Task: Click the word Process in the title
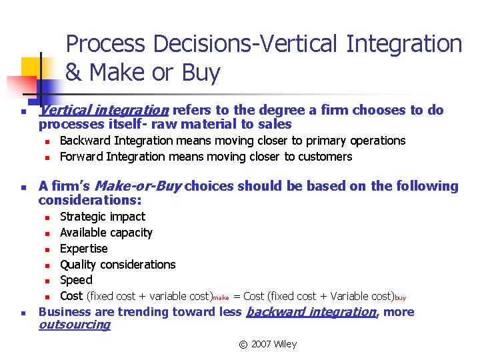click(x=107, y=44)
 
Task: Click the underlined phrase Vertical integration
click(x=103, y=110)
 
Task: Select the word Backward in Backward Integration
click(x=85, y=141)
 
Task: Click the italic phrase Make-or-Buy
click(x=139, y=186)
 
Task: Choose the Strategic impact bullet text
click(x=102, y=217)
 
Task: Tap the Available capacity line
click(x=106, y=233)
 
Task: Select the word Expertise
click(x=83, y=249)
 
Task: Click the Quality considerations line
click(x=117, y=265)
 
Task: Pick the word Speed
click(x=76, y=280)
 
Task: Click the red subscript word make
click(x=221, y=298)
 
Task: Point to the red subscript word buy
click(x=400, y=298)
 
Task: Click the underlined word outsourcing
click(x=74, y=325)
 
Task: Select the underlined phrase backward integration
click(x=311, y=312)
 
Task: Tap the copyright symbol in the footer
click(x=243, y=344)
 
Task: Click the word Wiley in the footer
click(x=285, y=344)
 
